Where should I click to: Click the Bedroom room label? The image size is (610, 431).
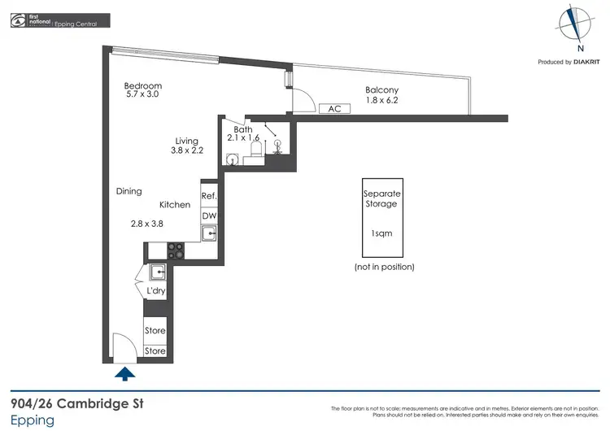(x=142, y=85)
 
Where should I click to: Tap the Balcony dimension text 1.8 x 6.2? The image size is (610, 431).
(x=381, y=101)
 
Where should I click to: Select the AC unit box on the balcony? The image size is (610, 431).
(x=334, y=108)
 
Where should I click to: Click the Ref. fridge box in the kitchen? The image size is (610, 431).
(x=208, y=196)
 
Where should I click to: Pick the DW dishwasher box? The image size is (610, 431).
(x=208, y=215)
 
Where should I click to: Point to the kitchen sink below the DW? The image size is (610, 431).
(x=209, y=234)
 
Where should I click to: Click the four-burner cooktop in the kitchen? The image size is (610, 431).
(x=176, y=251)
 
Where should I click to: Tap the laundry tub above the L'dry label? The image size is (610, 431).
(x=157, y=272)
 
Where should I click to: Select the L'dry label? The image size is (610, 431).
(x=155, y=291)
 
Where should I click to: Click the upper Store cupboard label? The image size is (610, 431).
(x=155, y=331)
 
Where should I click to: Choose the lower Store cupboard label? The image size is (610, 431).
(x=155, y=351)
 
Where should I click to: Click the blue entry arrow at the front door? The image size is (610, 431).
(x=124, y=374)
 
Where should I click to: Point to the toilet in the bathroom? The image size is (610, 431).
(x=254, y=150)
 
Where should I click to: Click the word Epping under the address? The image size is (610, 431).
(x=33, y=420)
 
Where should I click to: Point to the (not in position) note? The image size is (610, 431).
(x=384, y=267)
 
